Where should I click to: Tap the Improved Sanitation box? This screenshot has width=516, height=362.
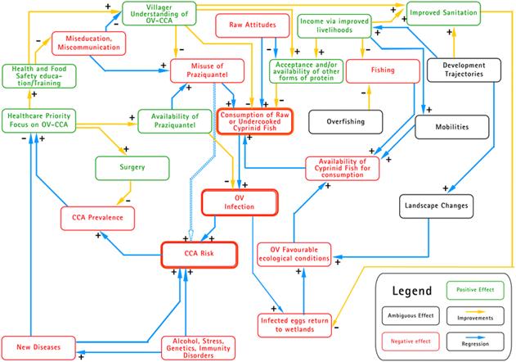[442, 12]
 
